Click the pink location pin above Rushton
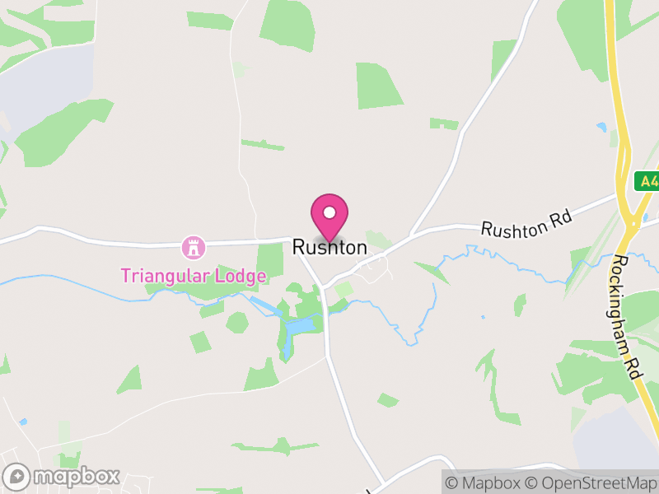[329, 216]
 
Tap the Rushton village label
[329, 247]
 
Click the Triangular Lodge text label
[194, 275]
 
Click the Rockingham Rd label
[627, 317]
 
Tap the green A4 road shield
[647, 181]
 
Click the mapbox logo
[63, 477]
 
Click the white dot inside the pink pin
[329, 212]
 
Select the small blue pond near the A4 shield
[602, 128]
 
